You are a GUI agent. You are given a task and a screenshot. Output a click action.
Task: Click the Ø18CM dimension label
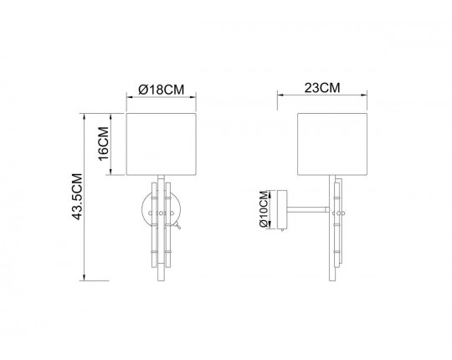[x=162, y=90]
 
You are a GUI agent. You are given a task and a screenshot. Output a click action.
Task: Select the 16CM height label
[x=103, y=143]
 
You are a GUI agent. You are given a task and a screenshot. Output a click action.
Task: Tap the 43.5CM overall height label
[x=77, y=197]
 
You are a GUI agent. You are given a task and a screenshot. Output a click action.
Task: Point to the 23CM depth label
[x=322, y=88]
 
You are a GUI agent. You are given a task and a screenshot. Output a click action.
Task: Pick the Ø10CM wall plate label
[x=264, y=209]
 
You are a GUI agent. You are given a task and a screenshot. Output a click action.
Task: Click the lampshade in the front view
[x=162, y=144]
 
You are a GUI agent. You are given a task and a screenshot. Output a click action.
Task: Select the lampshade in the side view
[x=332, y=144]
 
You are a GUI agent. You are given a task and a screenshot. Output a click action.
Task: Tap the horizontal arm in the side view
[x=308, y=209]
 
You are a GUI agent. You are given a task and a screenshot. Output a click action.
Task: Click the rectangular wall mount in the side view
[x=282, y=209]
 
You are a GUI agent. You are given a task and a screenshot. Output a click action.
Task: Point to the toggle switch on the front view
[x=177, y=225]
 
